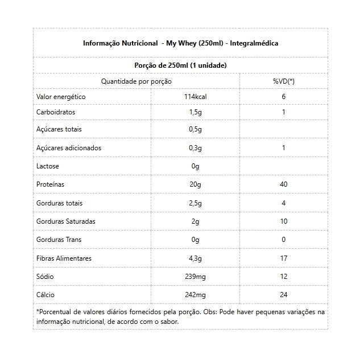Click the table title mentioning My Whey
click(180, 43)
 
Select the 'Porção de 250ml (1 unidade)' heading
click(180, 65)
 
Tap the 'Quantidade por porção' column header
click(136, 81)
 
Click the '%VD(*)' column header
click(283, 81)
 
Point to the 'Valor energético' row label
click(61, 97)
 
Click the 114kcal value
click(195, 97)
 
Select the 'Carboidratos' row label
click(56, 112)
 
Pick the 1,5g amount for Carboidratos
click(195, 112)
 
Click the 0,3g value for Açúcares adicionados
click(195, 148)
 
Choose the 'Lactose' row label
click(48, 166)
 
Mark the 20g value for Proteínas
click(195, 184)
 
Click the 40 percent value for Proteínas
click(283, 184)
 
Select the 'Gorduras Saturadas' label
click(65, 221)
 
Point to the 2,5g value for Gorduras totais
click(195, 203)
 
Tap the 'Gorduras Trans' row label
click(59, 240)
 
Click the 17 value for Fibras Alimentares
click(283, 258)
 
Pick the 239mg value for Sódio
click(195, 277)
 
